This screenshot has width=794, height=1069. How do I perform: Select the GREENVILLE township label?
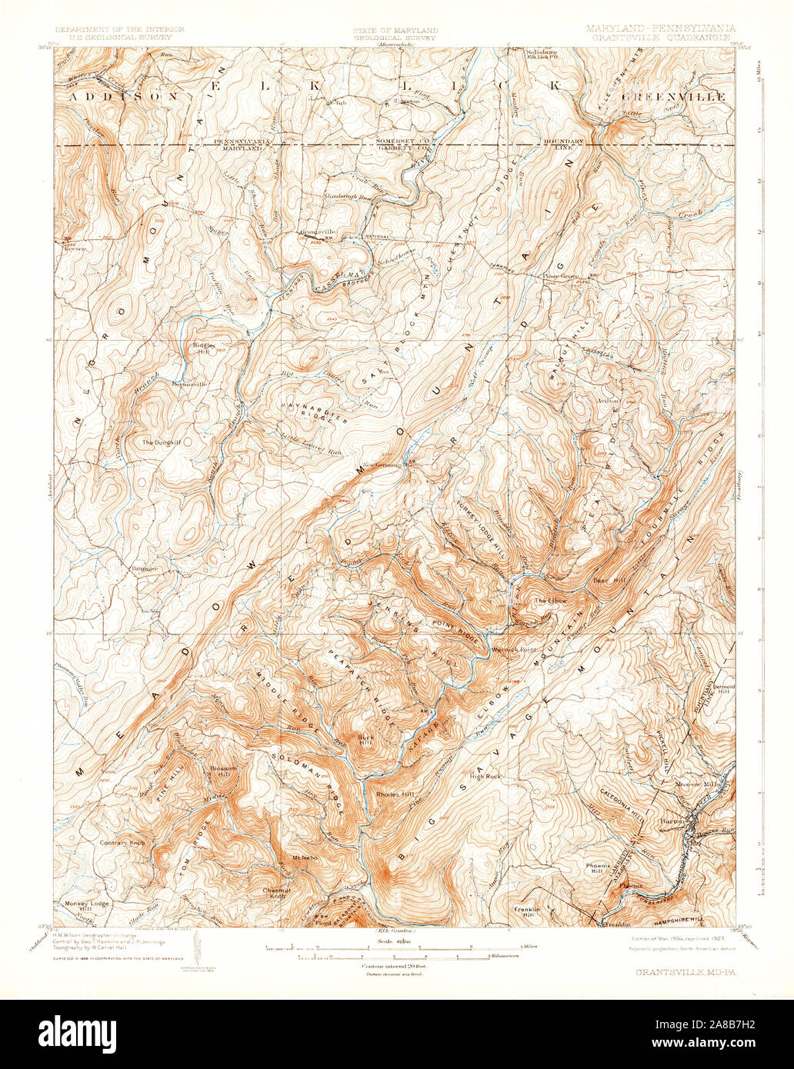pos(675,97)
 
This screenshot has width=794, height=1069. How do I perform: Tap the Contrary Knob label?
pos(122,843)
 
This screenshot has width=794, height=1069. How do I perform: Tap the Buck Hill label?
pos(365,740)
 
